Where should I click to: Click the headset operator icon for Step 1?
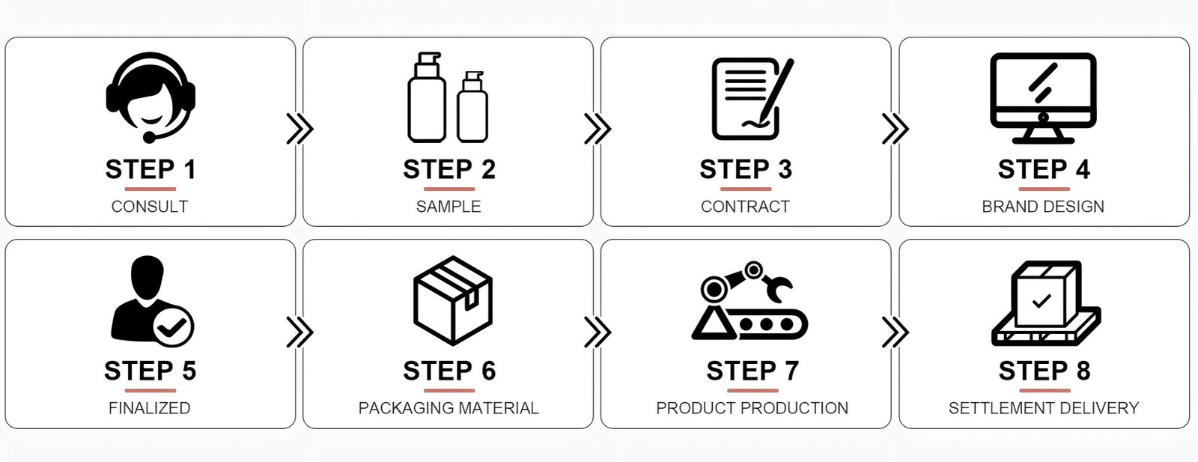(150, 97)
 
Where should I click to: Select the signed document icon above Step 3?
(752, 98)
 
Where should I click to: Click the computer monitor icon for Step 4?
(1043, 98)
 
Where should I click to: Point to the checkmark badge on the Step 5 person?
(173, 326)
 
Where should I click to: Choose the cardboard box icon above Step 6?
(453, 300)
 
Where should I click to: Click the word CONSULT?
(150, 207)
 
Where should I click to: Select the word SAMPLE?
(449, 207)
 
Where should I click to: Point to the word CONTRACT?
(746, 207)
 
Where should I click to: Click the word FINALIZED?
(150, 408)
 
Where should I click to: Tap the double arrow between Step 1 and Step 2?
(300, 129)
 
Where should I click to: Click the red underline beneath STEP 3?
(746, 189)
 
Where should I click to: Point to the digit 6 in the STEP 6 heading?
(488, 371)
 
